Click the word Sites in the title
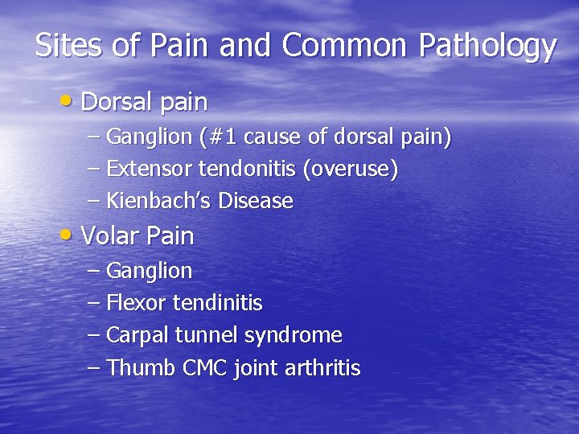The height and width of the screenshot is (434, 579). click(69, 46)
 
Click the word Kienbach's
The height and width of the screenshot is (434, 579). click(154, 201)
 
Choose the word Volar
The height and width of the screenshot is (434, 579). click(109, 236)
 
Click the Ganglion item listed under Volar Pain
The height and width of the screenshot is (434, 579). click(150, 272)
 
